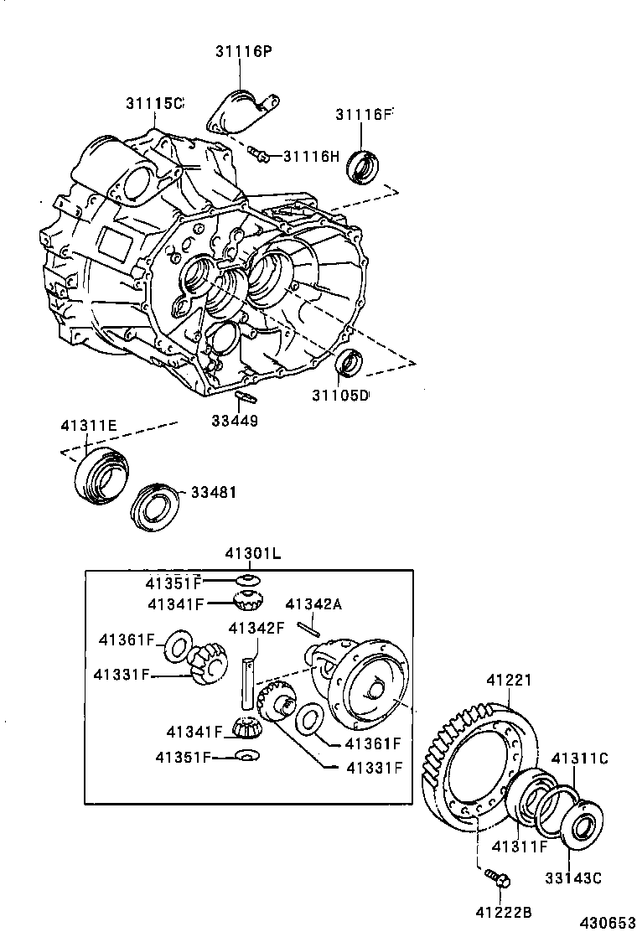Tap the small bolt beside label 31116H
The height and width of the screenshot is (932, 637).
click(x=258, y=153)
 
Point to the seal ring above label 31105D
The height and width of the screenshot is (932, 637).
click(x=350, y=362)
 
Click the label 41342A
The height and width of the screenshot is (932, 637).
click(x=313, y=603)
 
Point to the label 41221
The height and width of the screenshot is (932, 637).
click(x=510, y=682)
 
